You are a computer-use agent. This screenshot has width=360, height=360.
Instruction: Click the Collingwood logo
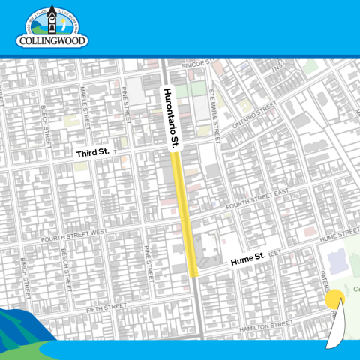tap(52, 28)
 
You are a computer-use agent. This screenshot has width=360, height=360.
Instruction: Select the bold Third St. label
tap(92, 152)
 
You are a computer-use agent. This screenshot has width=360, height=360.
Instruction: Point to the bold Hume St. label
tap(247, 259)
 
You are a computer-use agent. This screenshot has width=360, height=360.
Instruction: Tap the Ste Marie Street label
tap(216, 106)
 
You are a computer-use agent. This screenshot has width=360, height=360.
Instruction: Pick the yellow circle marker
tap(334, 298)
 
